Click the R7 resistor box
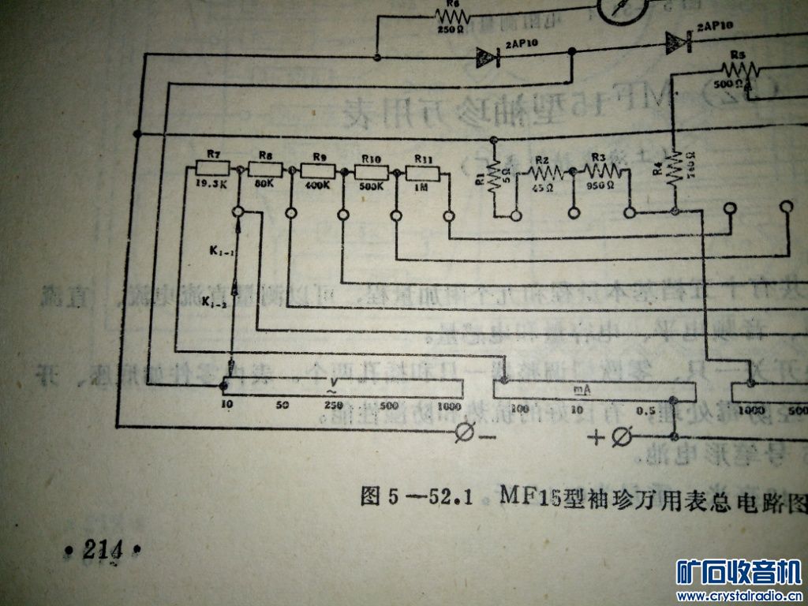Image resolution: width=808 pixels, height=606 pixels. (212, 168)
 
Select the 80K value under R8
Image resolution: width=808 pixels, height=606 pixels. (265, 183)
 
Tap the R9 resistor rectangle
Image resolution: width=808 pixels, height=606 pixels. (318, 170)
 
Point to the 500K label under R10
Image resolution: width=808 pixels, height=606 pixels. (370, 186)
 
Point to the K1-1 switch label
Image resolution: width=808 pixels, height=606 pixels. (219, 251)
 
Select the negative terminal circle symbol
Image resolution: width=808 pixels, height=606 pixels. (466, 432)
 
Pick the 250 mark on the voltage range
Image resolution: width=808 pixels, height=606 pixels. (332, 406)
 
